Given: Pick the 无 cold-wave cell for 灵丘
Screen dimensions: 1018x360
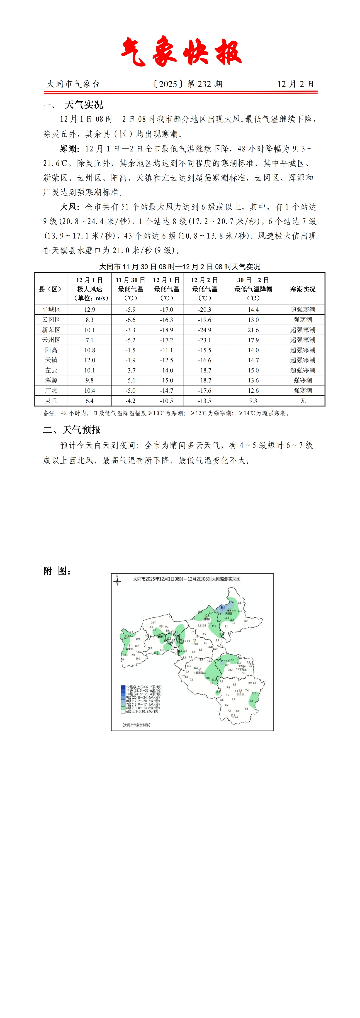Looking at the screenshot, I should pyautogui.click(x=303, y=401).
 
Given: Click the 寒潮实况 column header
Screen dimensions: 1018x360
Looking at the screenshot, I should pyautogui.click(x=303, y=289).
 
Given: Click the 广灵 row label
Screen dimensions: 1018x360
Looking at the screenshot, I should pyautogui.click(x=51, y=390).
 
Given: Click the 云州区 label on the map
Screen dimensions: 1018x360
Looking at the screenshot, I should pyautogui.click(x=195, y=644).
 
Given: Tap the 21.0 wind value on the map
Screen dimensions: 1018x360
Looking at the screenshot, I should pyautogui.click(x=222, y=607).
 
